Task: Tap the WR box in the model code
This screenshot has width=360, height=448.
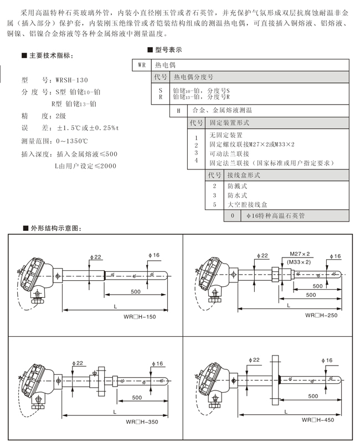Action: [x=142, y=65]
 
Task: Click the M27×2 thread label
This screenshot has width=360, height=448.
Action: [x=300, y=253]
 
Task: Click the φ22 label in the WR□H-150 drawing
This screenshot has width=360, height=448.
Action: [x=96, y=257]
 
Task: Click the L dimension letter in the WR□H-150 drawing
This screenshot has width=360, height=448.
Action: [x=114, y=305]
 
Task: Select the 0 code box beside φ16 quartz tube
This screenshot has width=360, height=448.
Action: [x=233, y=215]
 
